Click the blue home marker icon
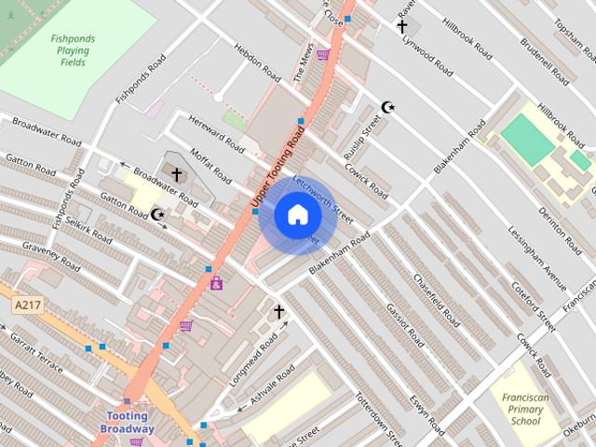coord(297,215)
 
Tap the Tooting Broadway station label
coord(129,422)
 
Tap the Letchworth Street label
coord(322,197)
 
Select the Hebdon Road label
coord(257,61)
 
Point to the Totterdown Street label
coord(376,418)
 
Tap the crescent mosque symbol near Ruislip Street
coord(388,108)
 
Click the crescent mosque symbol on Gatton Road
coord(158,215)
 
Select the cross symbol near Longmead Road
coord(278,310)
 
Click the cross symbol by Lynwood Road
coord(402,26)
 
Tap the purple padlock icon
coord(216,283)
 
